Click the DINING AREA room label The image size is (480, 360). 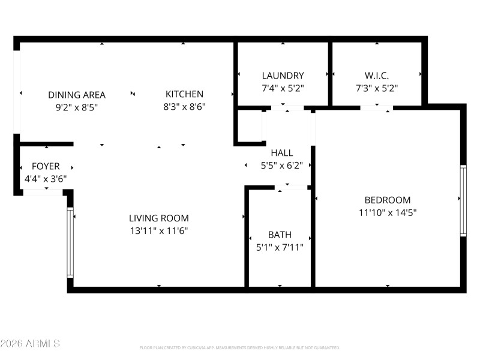(x=77, y=95)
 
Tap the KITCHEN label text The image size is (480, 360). (x=184, y=94)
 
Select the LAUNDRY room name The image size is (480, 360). (x=283, y=76)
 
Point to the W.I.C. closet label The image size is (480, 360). (x=377, y=76)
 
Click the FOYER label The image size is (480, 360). (x=46, y=166)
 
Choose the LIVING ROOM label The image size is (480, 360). (x=159, y=218)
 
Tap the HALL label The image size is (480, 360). (x=281, y=153)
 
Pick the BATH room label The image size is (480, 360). (x=280, y=235)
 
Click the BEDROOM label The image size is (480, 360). (x=388, y=200)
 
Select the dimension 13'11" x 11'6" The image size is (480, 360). (x=159, y=230)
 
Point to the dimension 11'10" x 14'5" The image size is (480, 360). (x=388, y=212)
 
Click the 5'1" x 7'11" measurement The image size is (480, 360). (x=280, y=247)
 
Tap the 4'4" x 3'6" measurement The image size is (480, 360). (x=46, y=178)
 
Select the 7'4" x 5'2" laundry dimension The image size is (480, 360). (x=283, y=88)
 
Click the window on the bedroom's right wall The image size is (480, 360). (x=463, y=200)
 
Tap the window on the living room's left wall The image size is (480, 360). (x=70, y=242)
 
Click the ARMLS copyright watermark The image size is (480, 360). (x=30, y=344)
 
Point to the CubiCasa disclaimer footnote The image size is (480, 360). (x=240, y=347)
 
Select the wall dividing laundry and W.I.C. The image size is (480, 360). (x=331, y=73)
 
